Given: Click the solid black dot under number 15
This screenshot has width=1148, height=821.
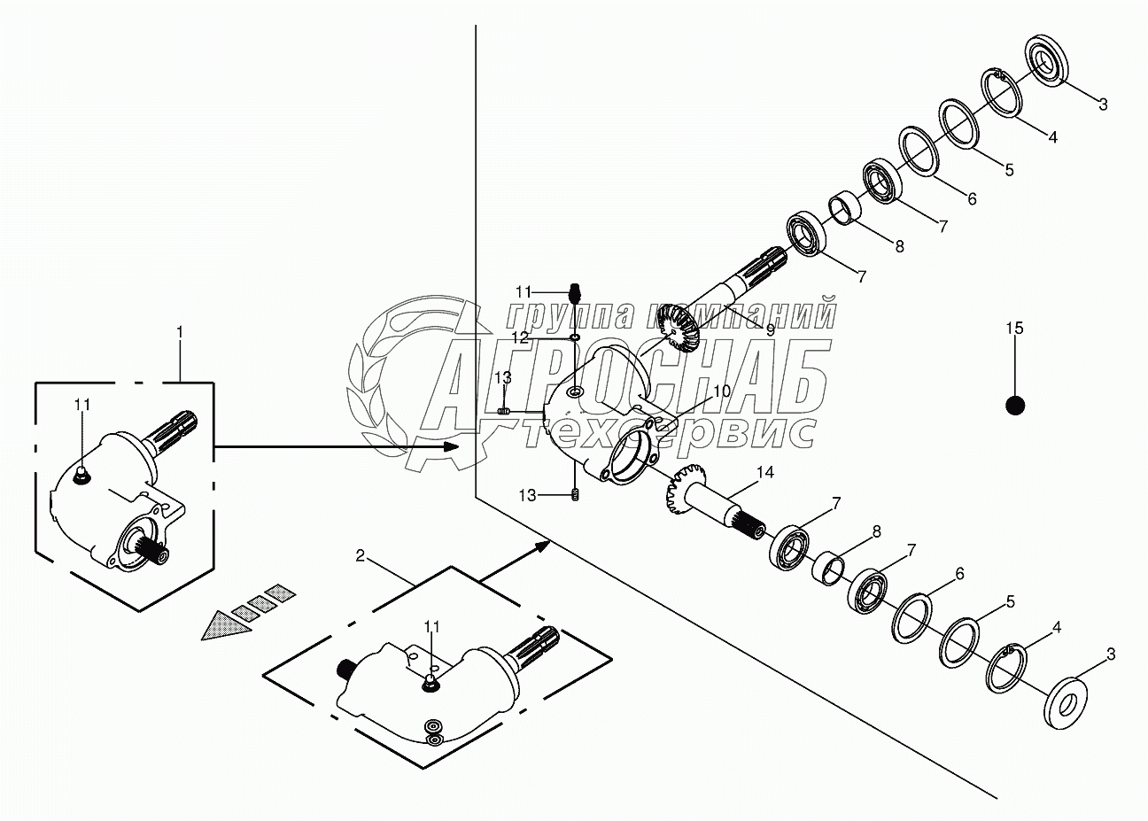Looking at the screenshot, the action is (x=1015, y=407).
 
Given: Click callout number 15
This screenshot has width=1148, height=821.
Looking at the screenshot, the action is (x=1014, y=329).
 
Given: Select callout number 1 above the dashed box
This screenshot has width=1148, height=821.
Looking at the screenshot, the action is (x=179, y=333).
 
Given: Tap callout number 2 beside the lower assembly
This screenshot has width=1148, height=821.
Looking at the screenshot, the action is (x=361, y=555).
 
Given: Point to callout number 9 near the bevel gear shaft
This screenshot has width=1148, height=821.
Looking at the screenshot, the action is (x=771, y=330).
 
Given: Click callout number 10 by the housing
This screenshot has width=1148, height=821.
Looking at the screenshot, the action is (x=721, y=391).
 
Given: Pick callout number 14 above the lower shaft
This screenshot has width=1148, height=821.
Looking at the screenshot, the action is (x=765, y=473).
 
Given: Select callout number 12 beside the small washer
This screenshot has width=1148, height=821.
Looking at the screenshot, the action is (x=520, y=337).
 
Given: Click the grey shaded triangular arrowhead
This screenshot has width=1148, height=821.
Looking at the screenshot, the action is (x=226, y=626).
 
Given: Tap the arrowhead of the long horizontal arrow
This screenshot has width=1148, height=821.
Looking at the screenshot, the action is (x=451, y=446).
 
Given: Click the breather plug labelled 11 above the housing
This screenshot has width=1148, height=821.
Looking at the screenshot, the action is (x=575, y=294).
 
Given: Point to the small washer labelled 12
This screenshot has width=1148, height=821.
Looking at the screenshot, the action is (x=575, y=337).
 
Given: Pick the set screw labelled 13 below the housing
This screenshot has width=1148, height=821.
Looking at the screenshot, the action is (x=575, y=495).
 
